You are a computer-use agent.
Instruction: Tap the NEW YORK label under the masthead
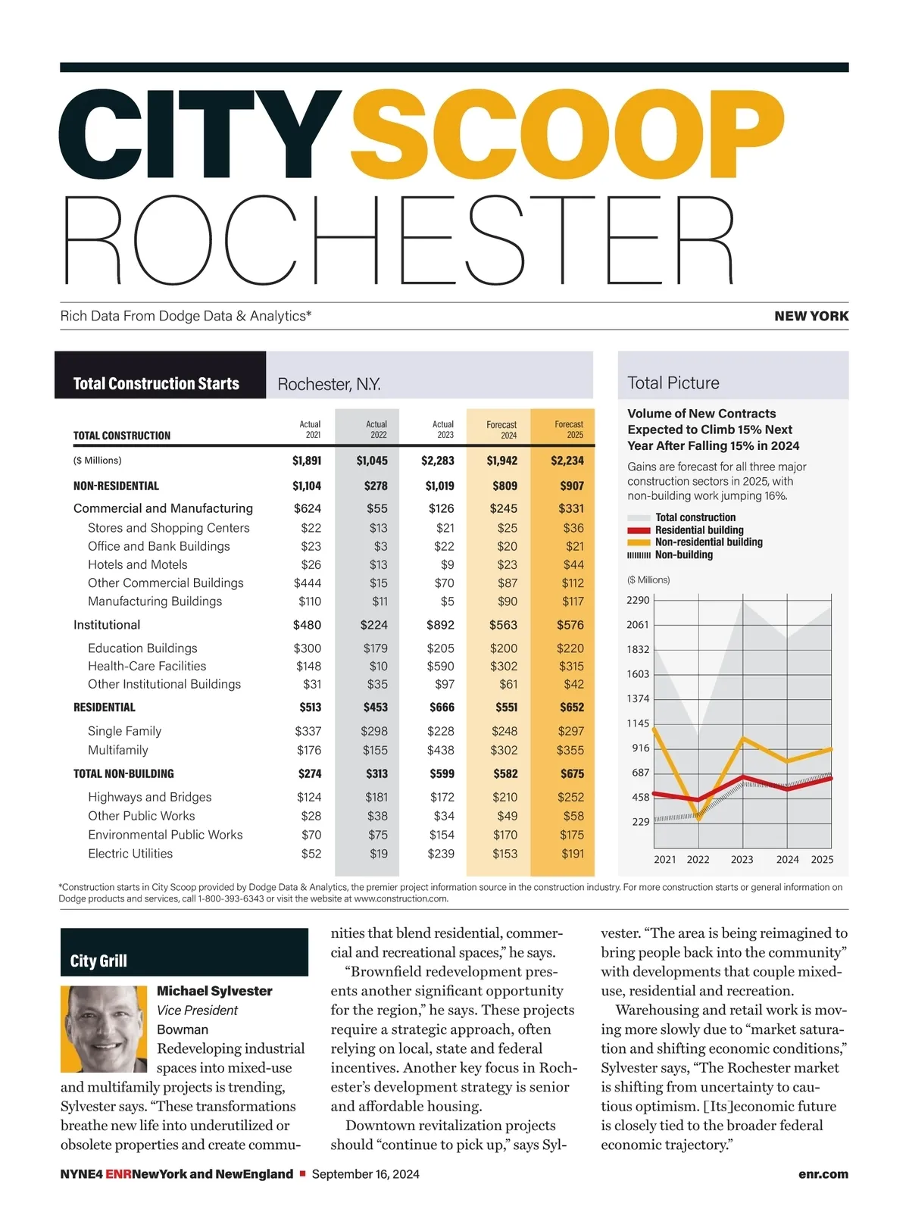pos(811,316)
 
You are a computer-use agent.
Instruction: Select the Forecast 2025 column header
pos(569,430)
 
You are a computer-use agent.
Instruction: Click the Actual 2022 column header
pos(376,430)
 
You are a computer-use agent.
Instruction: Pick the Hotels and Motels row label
pos(137,564)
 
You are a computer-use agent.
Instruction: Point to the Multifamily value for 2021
pos(308,750)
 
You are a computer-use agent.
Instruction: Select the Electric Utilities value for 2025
pos(572,853)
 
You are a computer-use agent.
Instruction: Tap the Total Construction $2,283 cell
pos(438,461)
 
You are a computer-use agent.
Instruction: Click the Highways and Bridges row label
pos(149,797)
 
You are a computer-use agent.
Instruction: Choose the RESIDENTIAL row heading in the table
pos(105,708)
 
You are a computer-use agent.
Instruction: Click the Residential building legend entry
pos(698,530)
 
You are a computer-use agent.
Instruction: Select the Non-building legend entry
pos(683,554)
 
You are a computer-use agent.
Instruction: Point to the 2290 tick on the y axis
pos(638,600)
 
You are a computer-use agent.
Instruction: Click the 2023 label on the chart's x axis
pos(742,859)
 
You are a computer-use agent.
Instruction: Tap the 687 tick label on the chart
pos(641,773)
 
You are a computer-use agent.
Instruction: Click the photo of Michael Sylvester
pos(104,1028)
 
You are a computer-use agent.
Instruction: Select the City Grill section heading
pos(98,961)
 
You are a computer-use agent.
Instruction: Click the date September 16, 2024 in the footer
pos(365,1174)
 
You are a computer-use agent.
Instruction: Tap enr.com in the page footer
pos(823,1174)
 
